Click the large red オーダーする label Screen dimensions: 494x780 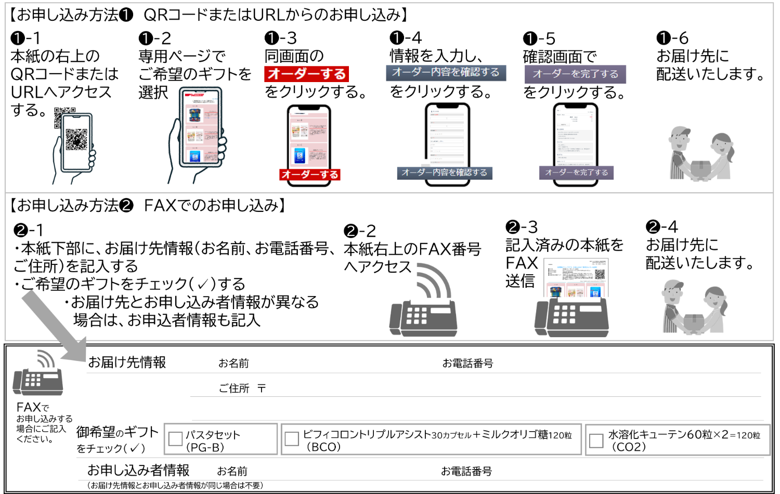click(x=306, y=74)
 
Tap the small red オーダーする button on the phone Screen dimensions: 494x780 click(x=310, y=175)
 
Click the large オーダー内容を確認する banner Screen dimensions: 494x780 click(x=446, y=73)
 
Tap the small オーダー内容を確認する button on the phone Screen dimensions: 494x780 click(x=445, y=172)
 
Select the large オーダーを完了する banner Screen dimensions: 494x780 click(x=575, y=74)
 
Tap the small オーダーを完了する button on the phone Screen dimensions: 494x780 click(x=576, y=172)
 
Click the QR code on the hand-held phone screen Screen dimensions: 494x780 click(x=76, y=139)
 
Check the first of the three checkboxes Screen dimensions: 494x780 click(x=176, y=439)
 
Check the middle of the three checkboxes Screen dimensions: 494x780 click(x=292, y=439)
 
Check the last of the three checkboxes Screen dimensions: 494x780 click(x=596, y=441)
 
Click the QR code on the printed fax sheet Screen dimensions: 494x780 click(x=600, y=274)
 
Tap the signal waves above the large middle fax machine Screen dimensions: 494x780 click(x=434, y=281)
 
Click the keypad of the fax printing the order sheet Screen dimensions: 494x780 click(x=565, y=314)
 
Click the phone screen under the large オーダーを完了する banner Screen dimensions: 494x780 click(x=576, y=135)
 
